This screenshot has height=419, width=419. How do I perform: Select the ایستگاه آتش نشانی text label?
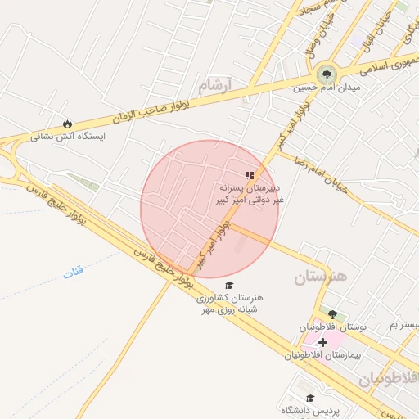coord(69,137)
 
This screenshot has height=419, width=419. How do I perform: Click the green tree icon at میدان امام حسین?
coord(327,74)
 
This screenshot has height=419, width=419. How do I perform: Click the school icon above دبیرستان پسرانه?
coord(250,174)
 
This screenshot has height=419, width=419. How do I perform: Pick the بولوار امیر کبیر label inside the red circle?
coord(211,241)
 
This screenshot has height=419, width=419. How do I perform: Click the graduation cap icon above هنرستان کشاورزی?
coord(229,283)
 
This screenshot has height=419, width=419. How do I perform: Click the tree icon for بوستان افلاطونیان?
coord(332,313)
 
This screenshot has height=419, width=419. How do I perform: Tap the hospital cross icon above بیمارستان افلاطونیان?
coord(322,342)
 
